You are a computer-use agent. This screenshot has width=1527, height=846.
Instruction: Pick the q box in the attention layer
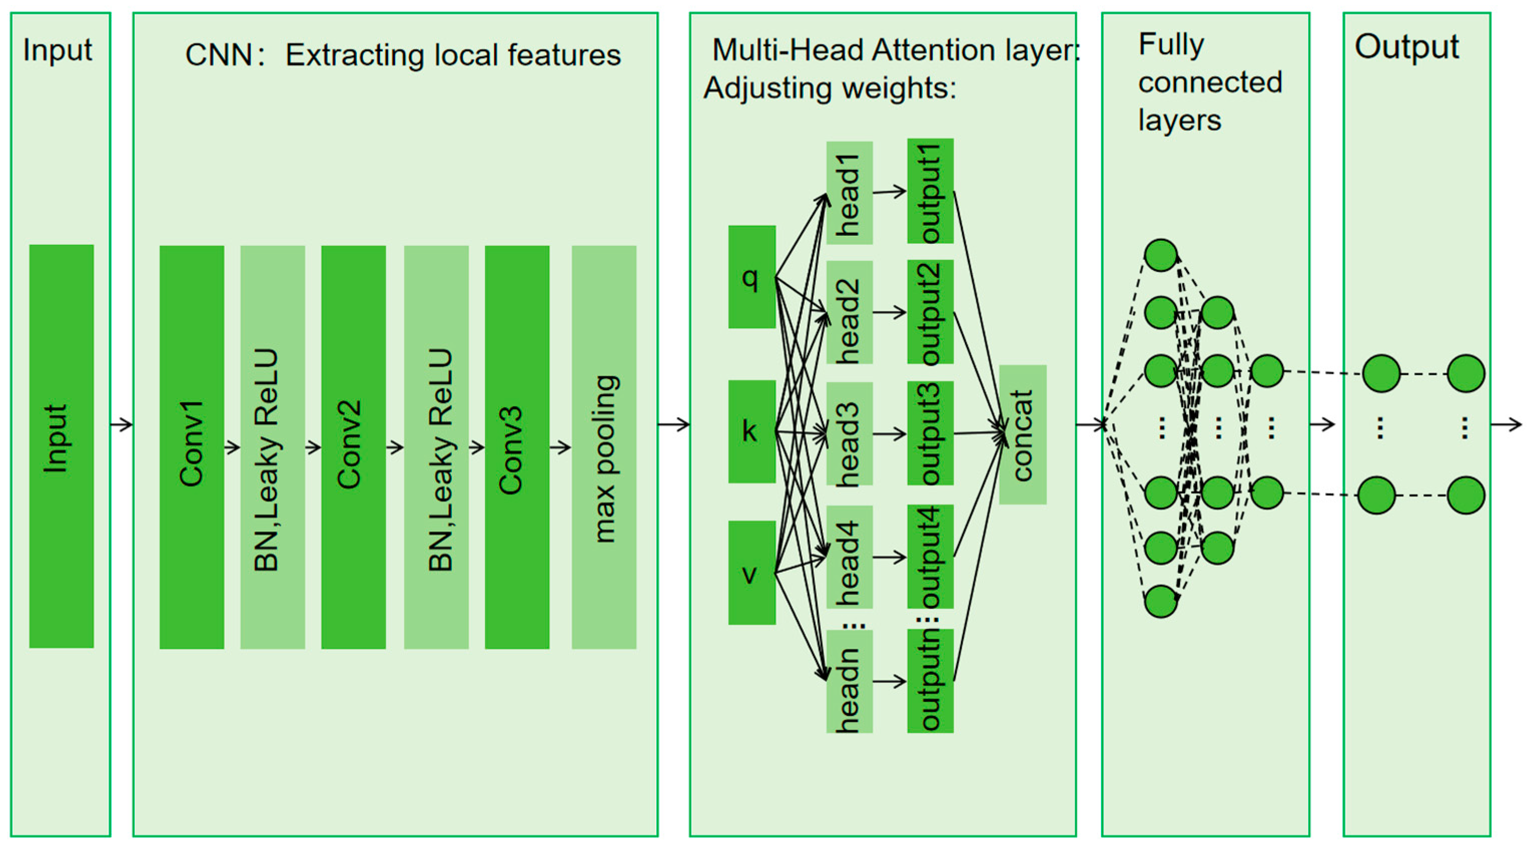pos(751,276)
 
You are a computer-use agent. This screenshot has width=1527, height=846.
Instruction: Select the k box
pos(751,431)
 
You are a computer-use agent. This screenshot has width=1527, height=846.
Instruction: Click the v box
pos(751,572)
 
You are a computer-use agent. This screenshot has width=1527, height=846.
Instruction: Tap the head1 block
pos(849,193)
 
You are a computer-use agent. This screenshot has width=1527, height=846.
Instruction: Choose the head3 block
pos(849,434)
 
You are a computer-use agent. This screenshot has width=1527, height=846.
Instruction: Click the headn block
pos(849,681)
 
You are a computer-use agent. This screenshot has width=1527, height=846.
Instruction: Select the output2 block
pos(930,312)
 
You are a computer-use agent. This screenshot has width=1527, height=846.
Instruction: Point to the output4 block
pos(930,556)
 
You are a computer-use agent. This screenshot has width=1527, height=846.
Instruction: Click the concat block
pos(1022,434)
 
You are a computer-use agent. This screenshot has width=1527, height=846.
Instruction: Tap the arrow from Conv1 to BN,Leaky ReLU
pos(232,447)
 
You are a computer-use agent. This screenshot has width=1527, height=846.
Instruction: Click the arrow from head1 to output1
pos(889,192)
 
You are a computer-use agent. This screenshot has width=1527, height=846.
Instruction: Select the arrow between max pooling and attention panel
pos(673,424)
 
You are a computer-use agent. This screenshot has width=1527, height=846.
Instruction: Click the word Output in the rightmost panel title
pos(1406,47)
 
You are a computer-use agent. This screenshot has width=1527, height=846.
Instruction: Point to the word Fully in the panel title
pos(1171,45)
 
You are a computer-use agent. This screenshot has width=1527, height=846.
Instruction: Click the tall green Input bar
pos(61,446)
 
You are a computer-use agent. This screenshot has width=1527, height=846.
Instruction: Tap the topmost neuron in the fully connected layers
pos(1160,255)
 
